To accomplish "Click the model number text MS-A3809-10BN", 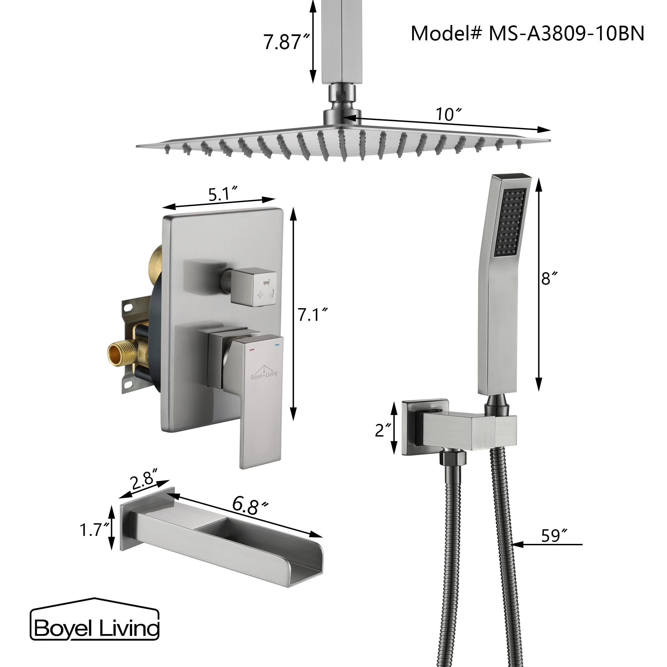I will click(566, 34).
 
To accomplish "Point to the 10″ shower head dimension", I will click(448, 114).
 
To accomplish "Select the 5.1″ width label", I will click(223, 194).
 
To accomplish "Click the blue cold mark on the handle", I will click(276, 345).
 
